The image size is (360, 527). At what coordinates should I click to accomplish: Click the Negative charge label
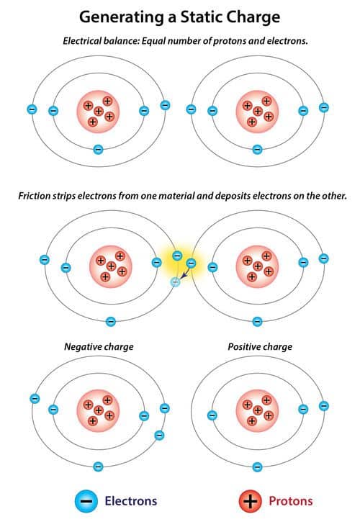pyautogui.click(x=99, y=346)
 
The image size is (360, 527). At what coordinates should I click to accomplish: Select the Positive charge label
pyautogui.click(x=260, y=346)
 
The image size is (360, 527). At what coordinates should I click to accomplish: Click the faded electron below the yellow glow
pyautogui.click(x=174, y=282)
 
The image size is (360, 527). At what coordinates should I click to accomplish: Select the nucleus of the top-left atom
pyautogui.click(x=99, y=112)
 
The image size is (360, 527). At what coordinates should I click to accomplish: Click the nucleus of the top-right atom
pyautogui.click(x=258, y=112)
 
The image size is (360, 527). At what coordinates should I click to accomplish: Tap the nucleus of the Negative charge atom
pyautogui.click(x=99, y=410)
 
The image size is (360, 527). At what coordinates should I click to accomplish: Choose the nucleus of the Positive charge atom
pyautogui.click(x=258, y=410)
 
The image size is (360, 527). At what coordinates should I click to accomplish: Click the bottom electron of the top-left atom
pyautogui.click(x=99, y=150)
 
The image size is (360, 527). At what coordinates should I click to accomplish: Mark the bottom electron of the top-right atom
pyautogui.click(x=258, y=150)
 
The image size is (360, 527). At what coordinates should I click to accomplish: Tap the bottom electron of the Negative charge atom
pyautogui.click(x=99, y=467)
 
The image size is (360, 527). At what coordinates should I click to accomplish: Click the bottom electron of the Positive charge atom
pyautogui.click(x=258, y=467)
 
